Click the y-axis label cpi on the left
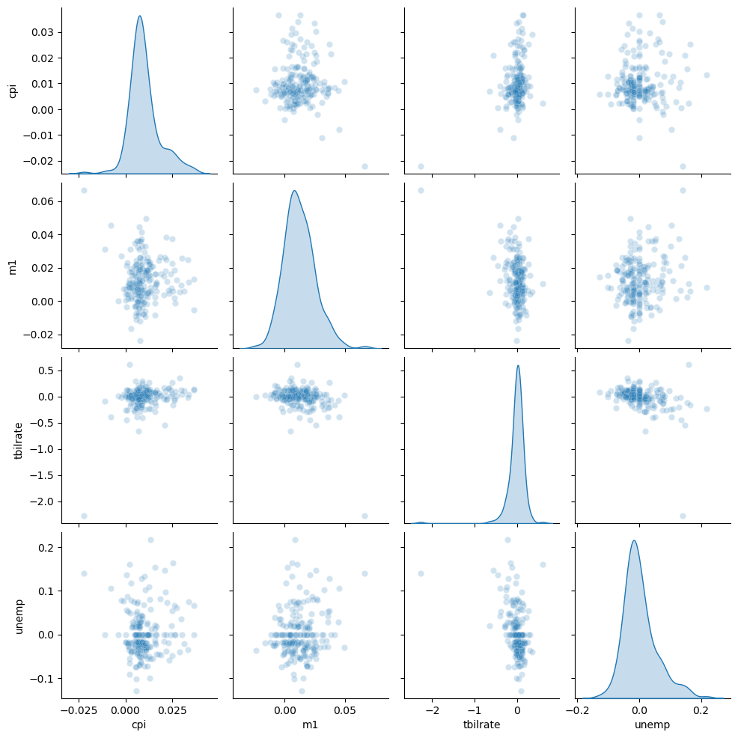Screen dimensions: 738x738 click(x=12, y=91)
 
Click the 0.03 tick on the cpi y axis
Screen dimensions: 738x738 click(x=43, y=32)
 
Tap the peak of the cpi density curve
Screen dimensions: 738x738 click(x=139, y=16)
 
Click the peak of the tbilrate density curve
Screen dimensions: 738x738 click(x=518, y=365)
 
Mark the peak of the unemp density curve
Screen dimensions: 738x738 click(x=635, y=540)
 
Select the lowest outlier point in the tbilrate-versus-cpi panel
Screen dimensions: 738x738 click(x=84, y=516)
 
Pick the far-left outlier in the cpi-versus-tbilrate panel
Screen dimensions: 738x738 click(x=421, y=166)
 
